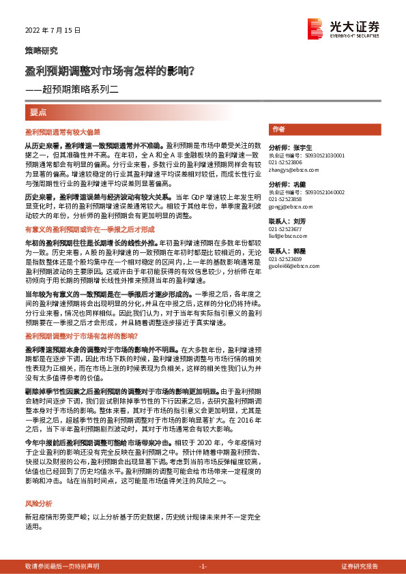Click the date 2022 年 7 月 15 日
53,31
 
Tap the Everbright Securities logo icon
315,28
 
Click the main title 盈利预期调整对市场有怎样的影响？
109,70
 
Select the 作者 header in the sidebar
278,129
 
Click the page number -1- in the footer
203,567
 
